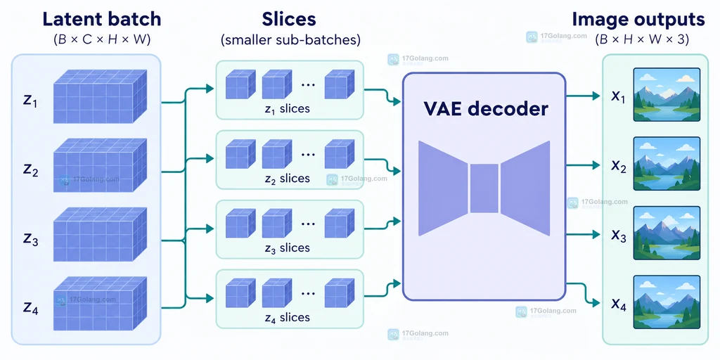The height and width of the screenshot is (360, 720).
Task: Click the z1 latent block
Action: [x=100, y=96]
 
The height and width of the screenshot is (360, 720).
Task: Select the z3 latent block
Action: [x=100, y=234]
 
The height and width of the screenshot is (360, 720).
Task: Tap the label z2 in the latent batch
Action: [x=31, y=170]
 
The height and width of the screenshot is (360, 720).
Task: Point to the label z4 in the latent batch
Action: [x=31, y=308]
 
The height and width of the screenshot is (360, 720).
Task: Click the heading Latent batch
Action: [x=101, y=20]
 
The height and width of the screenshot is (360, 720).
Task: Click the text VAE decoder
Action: [x=485, y=109]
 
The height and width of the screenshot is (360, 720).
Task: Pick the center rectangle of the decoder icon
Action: [x=484, y=188]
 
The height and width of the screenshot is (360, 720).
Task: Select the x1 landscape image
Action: [x=667, y=95]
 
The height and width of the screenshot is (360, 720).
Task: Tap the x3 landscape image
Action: [x=667, y=233]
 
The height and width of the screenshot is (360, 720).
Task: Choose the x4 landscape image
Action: [x=667, y=302]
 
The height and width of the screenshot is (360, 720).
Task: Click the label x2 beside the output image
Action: [x=619, y=166]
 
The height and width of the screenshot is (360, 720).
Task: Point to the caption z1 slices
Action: [x=288, y=109]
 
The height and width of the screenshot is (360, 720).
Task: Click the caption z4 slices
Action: [x=288, y=317]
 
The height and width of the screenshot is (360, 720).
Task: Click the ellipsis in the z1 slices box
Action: [x=308, y=85]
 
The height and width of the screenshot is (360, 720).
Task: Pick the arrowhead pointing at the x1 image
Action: [x=596, y=96]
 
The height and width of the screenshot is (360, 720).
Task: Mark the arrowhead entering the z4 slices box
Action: [x=210, y=298]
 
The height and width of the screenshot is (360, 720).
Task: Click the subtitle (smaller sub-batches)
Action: [x=290, y=40]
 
